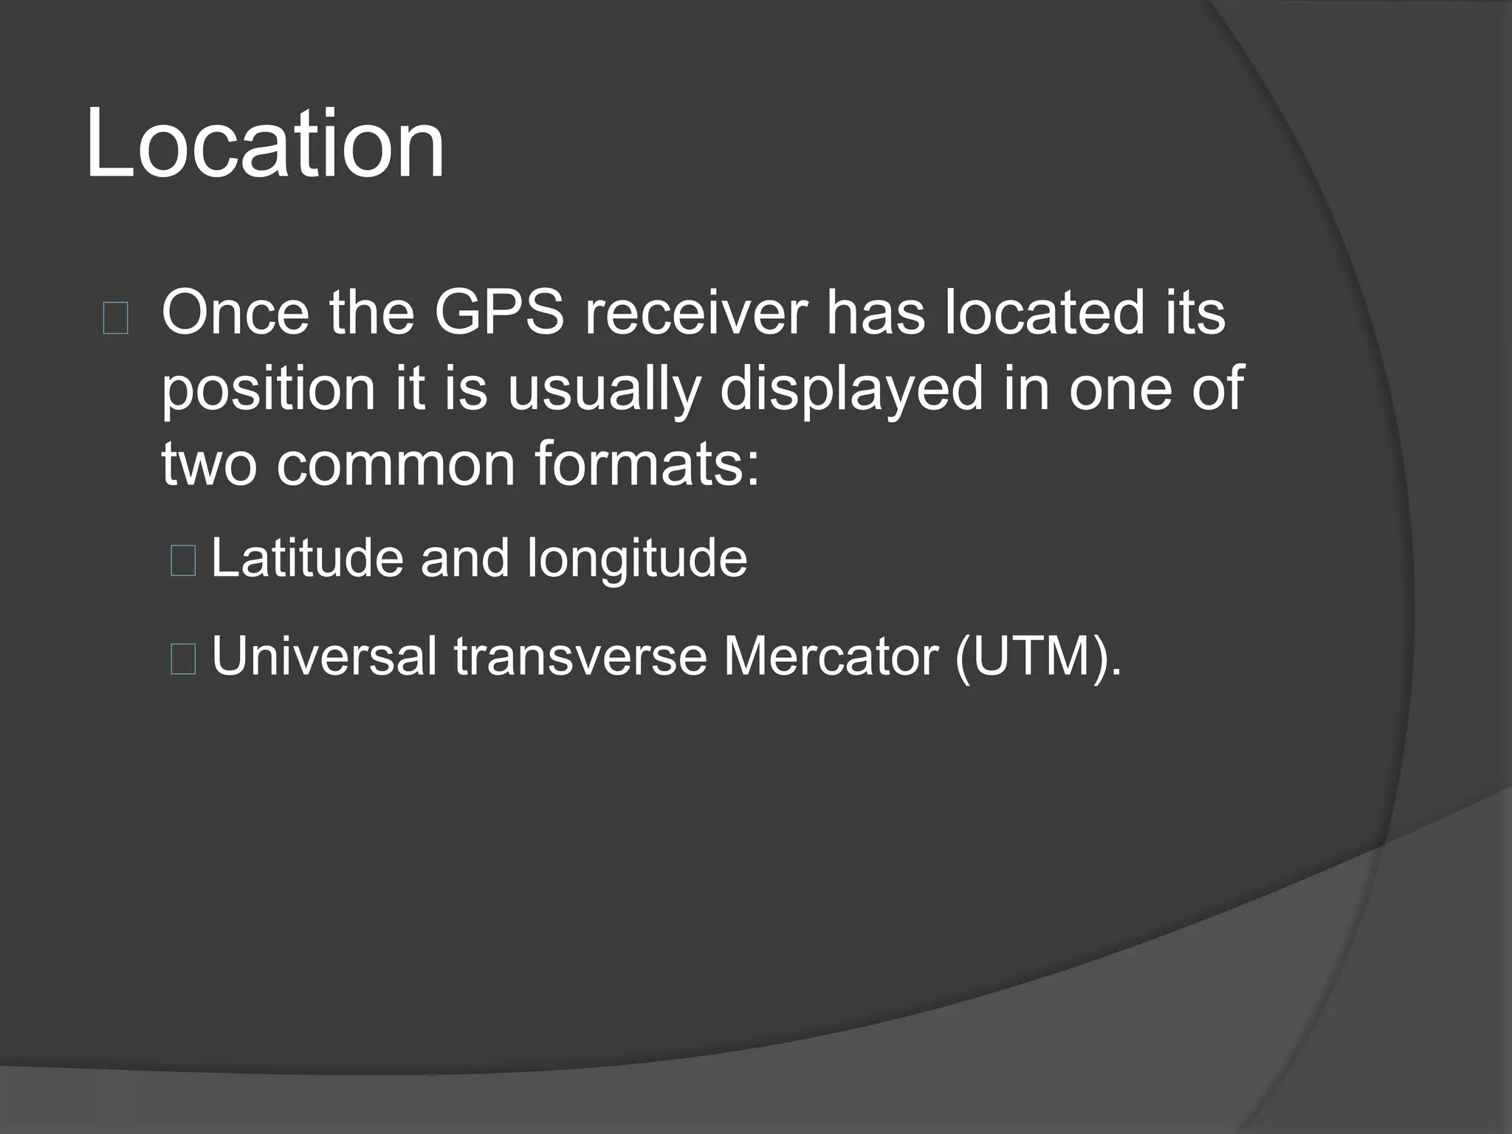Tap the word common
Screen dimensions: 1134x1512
click(x=396, y=464)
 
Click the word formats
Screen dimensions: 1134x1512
click(x=647, y=464)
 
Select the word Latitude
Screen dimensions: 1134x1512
click(x=307, y=558)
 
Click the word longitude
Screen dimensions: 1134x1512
click(x=636, y=560)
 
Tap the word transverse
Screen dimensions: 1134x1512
click(x=580, y=656)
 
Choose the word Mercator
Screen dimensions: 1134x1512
click(x=830, y=656)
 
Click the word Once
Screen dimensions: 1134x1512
click(x=235, y=313)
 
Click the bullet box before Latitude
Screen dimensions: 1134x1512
click(x=182, y=560)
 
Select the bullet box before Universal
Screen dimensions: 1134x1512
click(x=182, y=659)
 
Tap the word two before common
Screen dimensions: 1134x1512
click(x=210, y=464)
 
